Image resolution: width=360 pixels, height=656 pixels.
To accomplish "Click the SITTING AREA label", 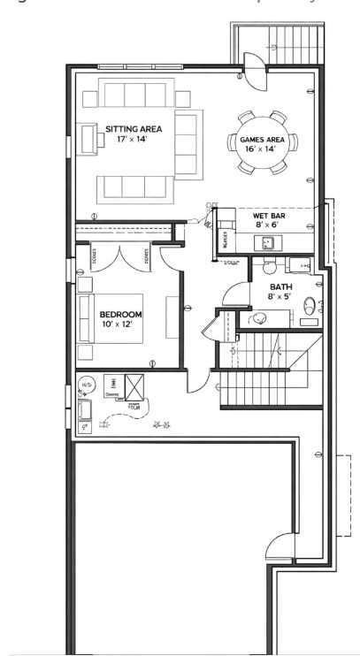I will tap(134, 129).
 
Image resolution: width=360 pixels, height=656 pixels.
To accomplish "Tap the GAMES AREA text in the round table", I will tap(264, 140).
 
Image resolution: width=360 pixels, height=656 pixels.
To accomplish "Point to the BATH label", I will tap(281, 286).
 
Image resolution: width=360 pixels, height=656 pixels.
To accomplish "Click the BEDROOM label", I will tap(120, 314).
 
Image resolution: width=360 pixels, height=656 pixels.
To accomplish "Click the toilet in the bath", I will tap(310, 307).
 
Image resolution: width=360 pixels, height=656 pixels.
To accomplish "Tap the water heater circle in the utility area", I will tap(88, 385).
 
